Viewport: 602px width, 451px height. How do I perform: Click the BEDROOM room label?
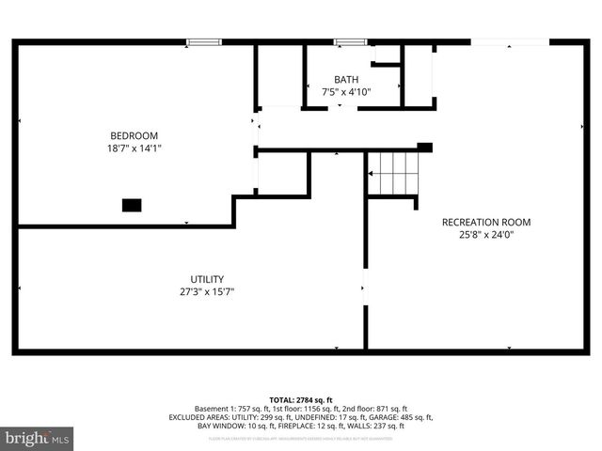click(x=134, y=134)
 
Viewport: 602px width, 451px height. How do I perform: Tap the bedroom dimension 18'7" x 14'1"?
click(x=134, y=148)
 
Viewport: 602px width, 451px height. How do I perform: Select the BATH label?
click(x=346, y=79)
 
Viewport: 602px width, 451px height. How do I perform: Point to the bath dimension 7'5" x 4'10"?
click(x=346, y=92)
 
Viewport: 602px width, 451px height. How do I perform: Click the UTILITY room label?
click(x=207, y=278)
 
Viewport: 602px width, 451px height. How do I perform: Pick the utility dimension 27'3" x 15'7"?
click(x=207, y=291)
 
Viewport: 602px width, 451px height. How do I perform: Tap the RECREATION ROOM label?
click(x=486, y=222)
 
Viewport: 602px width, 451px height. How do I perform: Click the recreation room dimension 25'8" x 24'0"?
click(x=486, y=235)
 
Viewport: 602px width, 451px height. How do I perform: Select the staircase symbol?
click(x=392, y=173)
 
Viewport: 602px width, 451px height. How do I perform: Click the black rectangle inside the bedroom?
click(x=132, y=204)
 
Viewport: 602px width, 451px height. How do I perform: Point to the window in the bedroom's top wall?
click(x=204, y=41)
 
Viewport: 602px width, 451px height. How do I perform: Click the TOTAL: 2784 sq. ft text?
click(x=301, y=399)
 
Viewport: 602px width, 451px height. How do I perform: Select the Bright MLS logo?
click(x=38, y=438)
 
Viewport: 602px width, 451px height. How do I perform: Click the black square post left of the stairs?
click(x=424, y=147)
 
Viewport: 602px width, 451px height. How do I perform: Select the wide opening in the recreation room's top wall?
click(x=509, y=41)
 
